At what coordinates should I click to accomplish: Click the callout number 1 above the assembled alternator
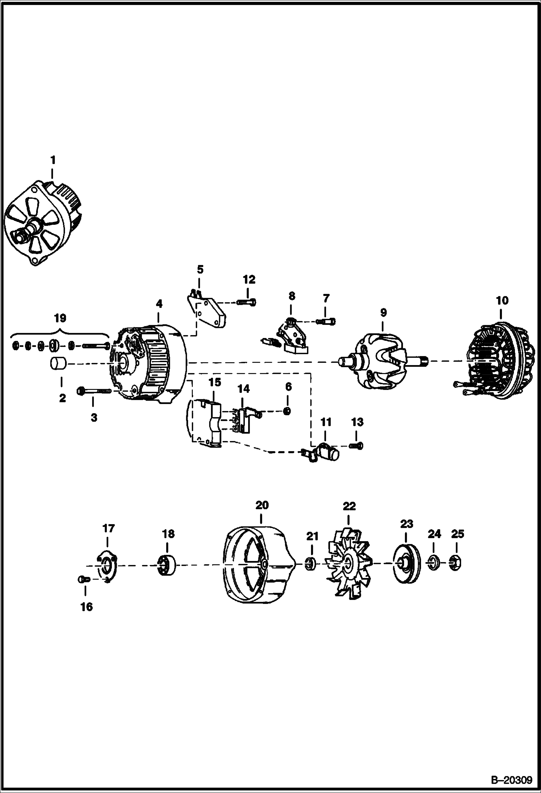pos(53,160)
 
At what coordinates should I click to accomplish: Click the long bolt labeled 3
pos(95,391)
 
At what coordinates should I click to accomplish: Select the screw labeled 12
pos(247,302)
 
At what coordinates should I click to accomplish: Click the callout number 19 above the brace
pos(60,318)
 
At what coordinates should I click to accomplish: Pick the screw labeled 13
pos(356,446)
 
